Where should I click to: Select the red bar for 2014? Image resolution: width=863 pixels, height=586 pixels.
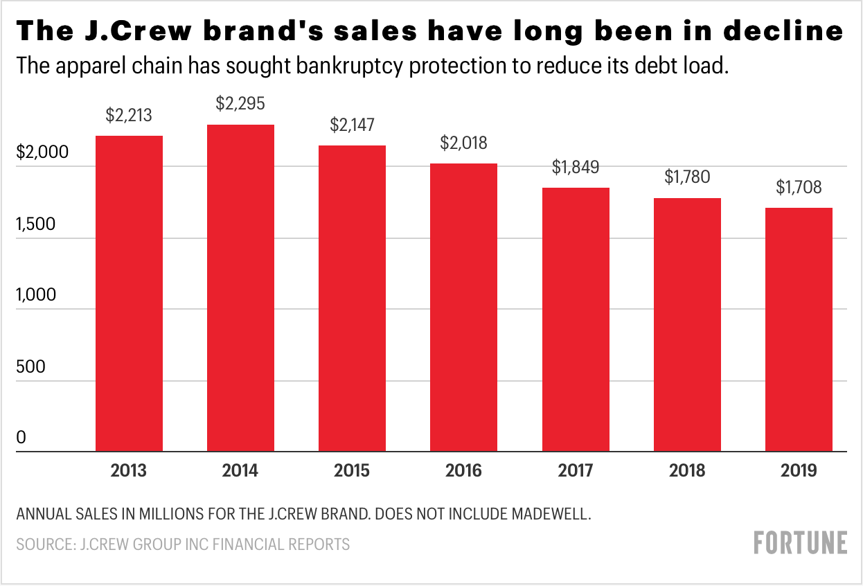(x=240, y=288)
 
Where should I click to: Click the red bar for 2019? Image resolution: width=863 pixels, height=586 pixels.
(x=799, y=330)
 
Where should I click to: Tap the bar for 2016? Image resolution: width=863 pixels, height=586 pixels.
(x=463, y=308)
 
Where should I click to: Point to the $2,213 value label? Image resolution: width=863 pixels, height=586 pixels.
(x=129, y=116)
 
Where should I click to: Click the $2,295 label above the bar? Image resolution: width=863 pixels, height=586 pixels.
(x=240, y=105)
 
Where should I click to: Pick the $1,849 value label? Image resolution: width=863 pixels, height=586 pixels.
(x=576, y=168)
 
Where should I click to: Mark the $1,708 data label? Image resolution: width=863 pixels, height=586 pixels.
(x=799, y=188)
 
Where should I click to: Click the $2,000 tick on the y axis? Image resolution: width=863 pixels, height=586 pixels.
(x=43, y=152)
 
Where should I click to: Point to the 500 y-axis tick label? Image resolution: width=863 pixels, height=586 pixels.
(x=30, y=366)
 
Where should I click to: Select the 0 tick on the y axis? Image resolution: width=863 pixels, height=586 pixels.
(x=21, y=437)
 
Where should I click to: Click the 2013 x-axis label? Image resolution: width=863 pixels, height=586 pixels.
(x=129, y=471)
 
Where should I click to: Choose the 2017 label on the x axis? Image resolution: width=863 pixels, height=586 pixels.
(x=576, y=471)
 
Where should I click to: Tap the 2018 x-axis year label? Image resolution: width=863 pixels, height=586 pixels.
(x=687, y=471)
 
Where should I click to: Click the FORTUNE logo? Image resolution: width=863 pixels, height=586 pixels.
(x=800, y=542)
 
